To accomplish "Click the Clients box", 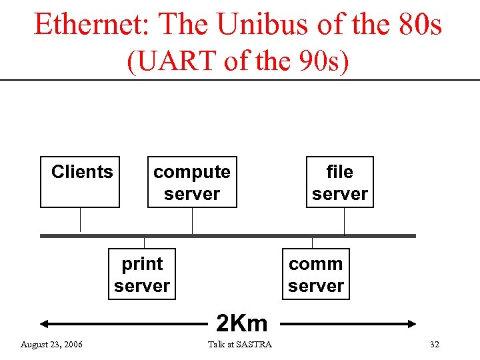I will pos(80,182).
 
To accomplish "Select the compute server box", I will pos(192,182).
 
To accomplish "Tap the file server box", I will pos(339,182).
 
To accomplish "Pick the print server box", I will pos(142,275).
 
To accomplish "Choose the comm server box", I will pos(316,275).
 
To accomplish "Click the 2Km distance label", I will pos(241,323).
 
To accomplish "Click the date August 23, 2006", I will pos(52,344).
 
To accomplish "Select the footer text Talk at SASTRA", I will pos(240,344).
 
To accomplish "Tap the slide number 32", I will pos(435,344).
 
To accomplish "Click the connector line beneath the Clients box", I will pos(80,220).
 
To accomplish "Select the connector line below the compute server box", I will pos(192,221).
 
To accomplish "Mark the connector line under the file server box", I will pos(344,221).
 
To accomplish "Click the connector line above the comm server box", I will pos(311,243).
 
